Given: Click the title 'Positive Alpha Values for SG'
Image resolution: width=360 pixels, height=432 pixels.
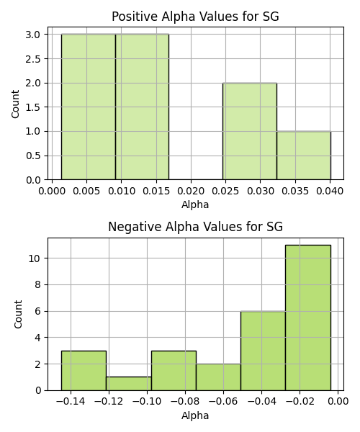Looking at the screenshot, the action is (195, 17).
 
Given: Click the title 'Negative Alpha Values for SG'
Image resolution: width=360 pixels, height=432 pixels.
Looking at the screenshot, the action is (195, 227).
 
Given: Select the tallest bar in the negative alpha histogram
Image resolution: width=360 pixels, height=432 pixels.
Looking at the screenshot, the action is (308, 318).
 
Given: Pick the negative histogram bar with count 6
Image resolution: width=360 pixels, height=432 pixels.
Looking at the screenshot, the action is (263, 351).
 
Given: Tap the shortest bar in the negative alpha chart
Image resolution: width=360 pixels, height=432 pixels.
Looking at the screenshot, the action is (129, 384).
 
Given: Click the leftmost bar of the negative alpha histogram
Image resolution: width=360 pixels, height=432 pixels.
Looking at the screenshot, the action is (84, 371).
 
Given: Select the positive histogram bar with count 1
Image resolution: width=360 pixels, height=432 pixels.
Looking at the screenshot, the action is (304, 156).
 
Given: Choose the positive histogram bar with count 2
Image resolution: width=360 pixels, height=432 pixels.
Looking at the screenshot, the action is (250, 132).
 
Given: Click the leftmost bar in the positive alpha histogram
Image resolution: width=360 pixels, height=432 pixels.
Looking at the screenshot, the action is (89, 107).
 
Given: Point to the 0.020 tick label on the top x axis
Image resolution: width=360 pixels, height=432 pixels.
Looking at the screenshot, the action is (191, 191).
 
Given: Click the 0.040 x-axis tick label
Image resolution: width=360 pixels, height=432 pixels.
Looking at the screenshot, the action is (330, 191).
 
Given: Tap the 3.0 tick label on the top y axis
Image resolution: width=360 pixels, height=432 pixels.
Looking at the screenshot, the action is (33, 35).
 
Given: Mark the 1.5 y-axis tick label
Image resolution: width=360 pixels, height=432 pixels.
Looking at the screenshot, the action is (33, 107).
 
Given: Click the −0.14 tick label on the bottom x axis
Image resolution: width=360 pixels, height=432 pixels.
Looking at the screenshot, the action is (71, 402).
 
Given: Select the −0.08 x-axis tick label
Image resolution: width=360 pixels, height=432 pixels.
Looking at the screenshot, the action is (185, 402).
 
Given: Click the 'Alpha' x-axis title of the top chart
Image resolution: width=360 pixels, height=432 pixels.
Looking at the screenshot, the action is (195, 204).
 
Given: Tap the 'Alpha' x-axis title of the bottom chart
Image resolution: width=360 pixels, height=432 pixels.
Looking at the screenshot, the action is (195, 415).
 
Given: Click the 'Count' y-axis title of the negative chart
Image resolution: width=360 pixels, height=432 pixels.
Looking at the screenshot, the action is (17, 314).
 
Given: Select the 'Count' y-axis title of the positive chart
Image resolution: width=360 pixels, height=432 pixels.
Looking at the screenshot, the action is (15, 104).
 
